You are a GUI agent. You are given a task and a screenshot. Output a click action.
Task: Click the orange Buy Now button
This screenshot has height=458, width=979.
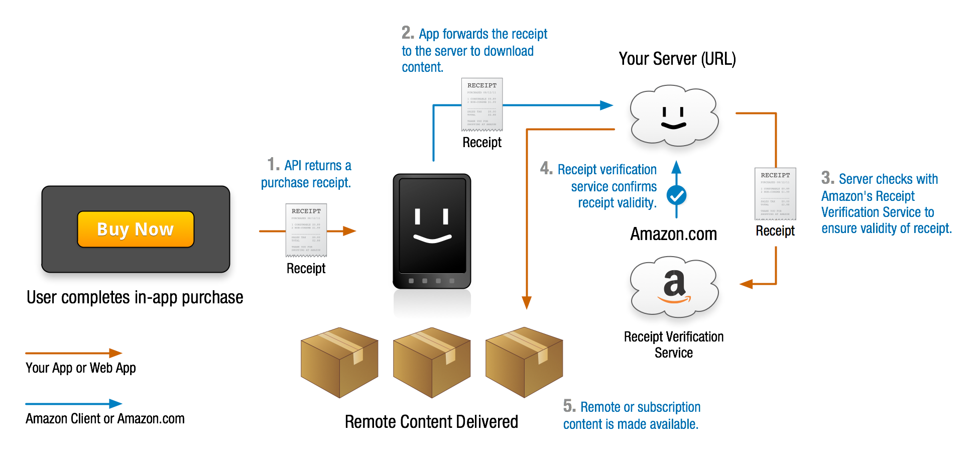[x=136, y=229]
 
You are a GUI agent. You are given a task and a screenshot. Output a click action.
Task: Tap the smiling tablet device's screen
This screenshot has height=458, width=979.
[x=432, y=226]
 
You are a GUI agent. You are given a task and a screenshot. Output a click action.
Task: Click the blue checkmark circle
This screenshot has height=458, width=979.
[x=677, y=195]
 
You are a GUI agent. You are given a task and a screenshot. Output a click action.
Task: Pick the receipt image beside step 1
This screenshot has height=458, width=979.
[x=306, y=230]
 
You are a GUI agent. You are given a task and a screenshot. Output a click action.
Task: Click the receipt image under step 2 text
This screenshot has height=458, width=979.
[x=482, y=104]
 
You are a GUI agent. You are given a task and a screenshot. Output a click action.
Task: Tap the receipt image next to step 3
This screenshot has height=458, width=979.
[x=775, y=194]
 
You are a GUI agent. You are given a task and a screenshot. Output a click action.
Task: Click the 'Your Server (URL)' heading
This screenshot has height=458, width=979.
[x=677, y=59]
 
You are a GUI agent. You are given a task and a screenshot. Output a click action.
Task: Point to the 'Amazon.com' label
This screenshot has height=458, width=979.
[x=673, y=234]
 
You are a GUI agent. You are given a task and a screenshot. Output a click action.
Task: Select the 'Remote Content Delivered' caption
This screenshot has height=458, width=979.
[x=431, y=422]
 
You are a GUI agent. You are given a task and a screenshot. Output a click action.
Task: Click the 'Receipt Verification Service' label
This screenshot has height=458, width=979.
[x=674, y=345]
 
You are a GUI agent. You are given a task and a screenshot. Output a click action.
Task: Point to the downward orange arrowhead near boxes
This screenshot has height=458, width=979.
[x=527, y=302]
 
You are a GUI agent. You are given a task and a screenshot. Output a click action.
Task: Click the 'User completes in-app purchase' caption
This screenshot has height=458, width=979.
[x=135, y=297]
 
